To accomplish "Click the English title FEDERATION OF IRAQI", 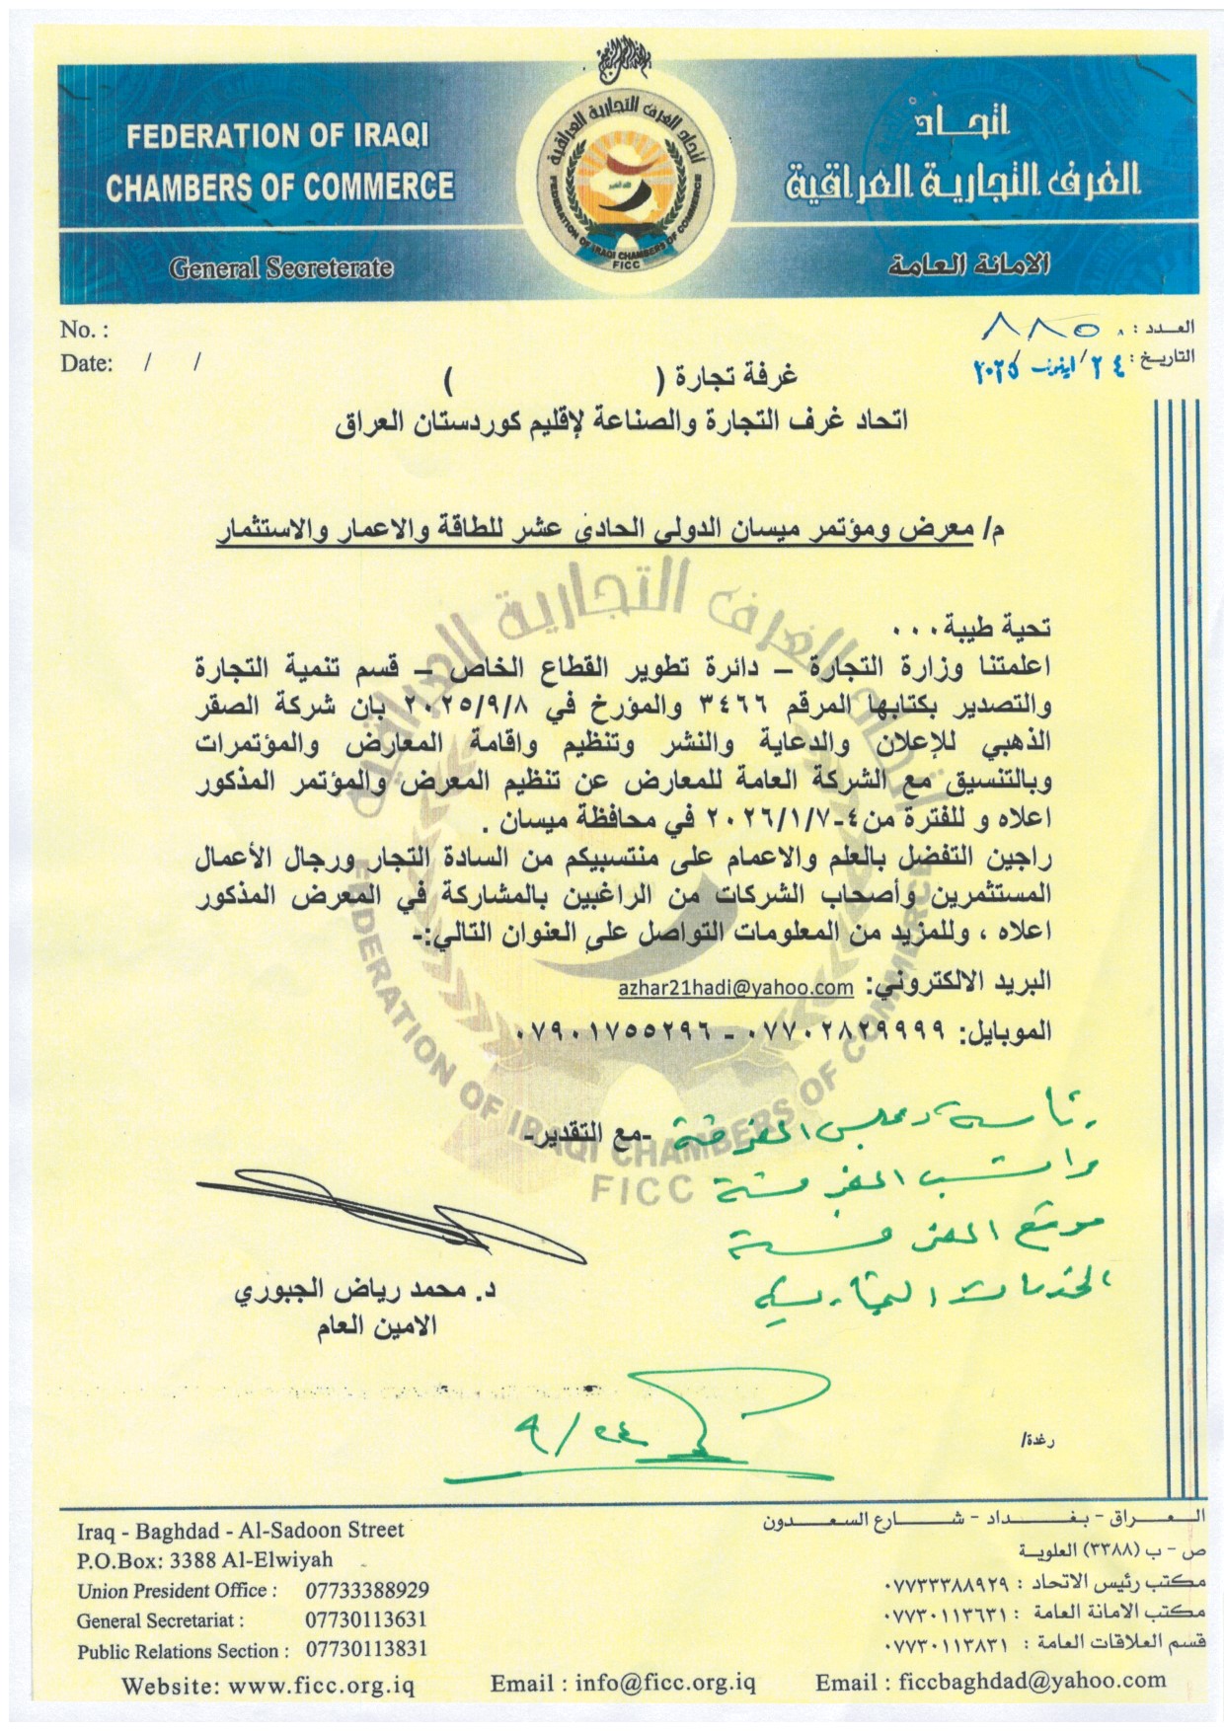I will click(x=278, y=136).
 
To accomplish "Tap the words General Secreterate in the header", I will click(x=281, y=267).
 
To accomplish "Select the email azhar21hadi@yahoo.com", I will click(x=735, y=987).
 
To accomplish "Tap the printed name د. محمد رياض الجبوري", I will click(x=364, y=1291).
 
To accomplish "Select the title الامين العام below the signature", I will click(x=376, y=1327).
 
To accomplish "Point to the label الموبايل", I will click(x=1000, y=1032).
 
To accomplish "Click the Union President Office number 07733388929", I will click(x=367, y=1590).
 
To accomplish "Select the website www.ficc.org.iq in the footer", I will click(x=321, y=1686).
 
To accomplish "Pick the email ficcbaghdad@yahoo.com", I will click(x=1032, y=1681).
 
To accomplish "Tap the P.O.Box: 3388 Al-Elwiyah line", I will click(x=205, y=1560).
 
